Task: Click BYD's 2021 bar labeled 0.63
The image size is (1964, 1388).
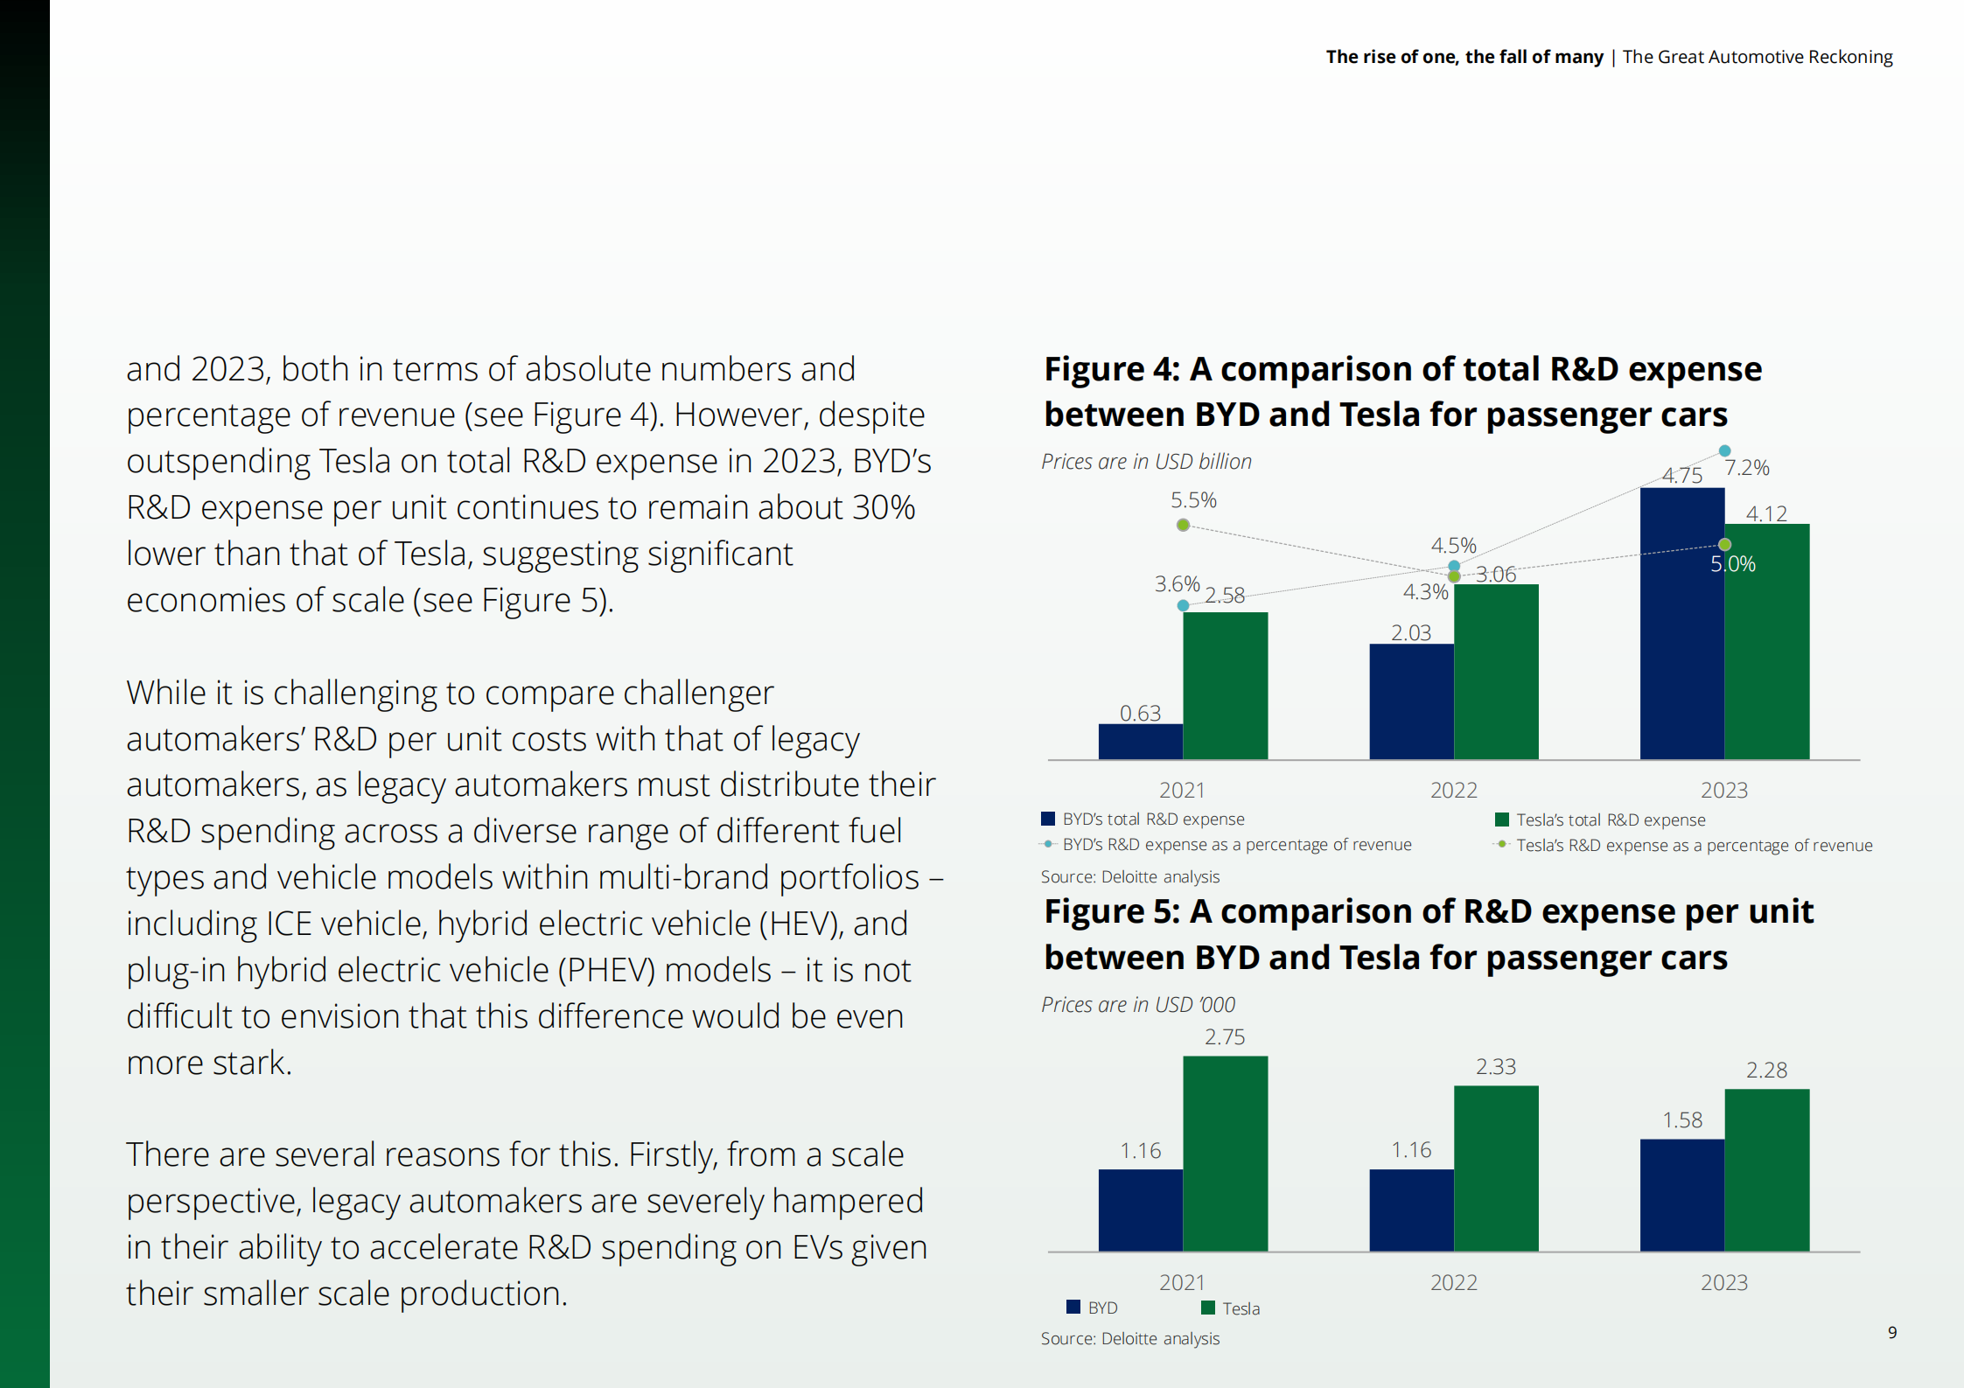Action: pyautogui.click(x=1140, y=741)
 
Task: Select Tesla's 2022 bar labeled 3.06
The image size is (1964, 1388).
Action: pyautogui.click(x=1495, y=671)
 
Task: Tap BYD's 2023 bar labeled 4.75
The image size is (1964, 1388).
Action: pyautogui.click(x=1681, y=623)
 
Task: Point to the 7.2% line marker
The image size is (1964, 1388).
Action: pyautogui.click(x=1724, y=451)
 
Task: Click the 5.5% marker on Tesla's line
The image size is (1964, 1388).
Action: pyautogui.click(x=1183, y=525)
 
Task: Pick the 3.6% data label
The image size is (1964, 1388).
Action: pyautogui.click(x=1177, y=583)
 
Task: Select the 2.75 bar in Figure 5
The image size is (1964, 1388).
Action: pyautogui.click(x=1225, y=1153)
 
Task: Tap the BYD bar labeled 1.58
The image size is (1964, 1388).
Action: pyautogui.click(x=1681, y=1194)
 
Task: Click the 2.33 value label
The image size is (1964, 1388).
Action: pyautogui.click(x=1496, y=1067)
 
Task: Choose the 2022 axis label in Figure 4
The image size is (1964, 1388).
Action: pyautogui.click(x=1453, y=791)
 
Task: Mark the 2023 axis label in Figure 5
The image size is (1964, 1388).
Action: pyautogui.click(x=1723, y=1283)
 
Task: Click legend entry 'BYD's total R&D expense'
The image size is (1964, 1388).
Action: pyautogui.click(x=1152, y=820)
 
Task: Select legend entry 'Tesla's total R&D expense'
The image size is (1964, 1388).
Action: pyautogui.click(x=1610, y=820)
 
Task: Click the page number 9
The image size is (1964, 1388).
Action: pyautogui.click(x=1892, y=1333)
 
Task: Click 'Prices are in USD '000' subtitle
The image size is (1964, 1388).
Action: pyautogui.click(x=1137, y=1005)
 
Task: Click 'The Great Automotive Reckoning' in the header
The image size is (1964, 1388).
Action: pyautogui.click(x=1757, y=57)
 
